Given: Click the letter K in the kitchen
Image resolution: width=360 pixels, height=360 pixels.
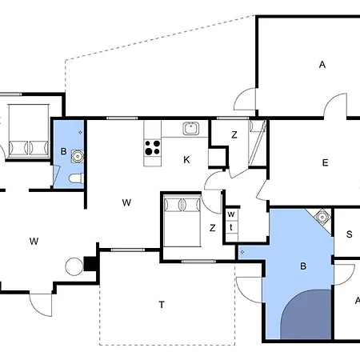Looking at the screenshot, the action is [186, 160].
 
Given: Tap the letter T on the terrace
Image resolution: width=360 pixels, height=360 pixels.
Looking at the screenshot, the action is [162, 305].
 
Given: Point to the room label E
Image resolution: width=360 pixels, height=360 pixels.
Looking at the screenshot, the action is [325, 162].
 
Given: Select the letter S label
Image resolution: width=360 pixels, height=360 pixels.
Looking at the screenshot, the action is [349, 234].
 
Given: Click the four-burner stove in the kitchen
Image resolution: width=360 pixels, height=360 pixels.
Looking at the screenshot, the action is [152, 148].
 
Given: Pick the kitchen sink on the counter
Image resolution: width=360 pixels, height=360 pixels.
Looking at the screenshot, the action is [190, 128].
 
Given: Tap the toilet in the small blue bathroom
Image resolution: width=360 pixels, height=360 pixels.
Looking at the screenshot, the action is [77, 178].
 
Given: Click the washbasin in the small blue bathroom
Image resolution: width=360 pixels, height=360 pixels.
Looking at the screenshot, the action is [78, 156].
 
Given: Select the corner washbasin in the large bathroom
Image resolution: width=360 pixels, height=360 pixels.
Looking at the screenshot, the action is [322, 218].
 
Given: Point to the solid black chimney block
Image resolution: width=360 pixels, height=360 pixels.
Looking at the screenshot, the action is [90, 264].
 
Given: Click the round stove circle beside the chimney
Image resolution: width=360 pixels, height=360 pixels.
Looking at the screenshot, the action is [74, 266].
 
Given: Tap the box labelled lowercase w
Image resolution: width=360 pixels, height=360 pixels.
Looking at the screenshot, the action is [231, 214].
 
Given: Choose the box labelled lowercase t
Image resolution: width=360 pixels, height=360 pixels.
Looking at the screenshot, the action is [231, 227].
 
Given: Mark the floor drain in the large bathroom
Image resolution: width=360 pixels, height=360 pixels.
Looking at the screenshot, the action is [242, 252].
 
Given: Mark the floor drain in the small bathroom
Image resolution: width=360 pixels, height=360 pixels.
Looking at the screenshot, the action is [80, 132].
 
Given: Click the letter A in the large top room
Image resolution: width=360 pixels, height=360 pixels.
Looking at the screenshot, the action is [322, 65].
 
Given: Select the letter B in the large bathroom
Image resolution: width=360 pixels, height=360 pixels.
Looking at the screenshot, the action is [303, 266].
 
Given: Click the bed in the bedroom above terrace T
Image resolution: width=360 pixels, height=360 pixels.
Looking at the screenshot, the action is [182, 221].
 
